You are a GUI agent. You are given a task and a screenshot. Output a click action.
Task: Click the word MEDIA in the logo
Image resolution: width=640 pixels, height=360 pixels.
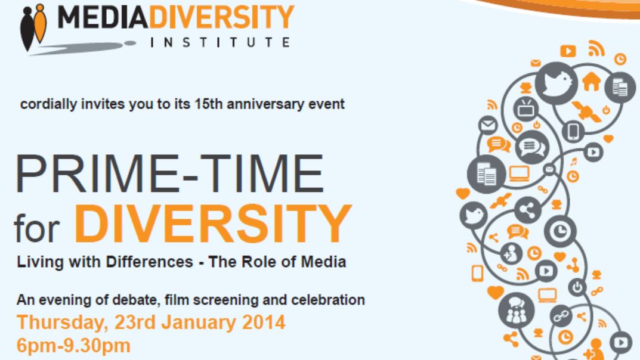point(103,17)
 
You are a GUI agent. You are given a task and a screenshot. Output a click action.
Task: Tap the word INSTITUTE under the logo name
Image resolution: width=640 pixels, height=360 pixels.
point(220,42)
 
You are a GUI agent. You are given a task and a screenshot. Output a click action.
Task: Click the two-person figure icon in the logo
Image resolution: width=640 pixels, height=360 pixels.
point(33,27)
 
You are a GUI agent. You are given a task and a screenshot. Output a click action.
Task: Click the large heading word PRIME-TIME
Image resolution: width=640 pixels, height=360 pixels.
point(170,173)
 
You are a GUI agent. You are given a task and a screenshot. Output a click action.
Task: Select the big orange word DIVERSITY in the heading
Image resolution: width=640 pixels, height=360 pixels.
point(213,224)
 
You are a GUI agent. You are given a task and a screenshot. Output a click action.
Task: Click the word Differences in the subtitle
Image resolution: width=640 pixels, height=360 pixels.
point(149,262)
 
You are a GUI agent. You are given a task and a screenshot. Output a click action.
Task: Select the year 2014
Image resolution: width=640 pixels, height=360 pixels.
point(264,322)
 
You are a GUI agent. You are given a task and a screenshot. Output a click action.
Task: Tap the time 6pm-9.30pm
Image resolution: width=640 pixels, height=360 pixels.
point(73,346)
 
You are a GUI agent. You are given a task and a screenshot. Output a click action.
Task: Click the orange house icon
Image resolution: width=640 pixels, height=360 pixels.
point(592,82)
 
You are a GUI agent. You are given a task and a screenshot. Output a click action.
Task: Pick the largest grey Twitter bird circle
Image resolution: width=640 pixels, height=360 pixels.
point(556,83)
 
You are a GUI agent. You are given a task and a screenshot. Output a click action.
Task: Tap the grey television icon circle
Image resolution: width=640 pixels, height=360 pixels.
point(525,109)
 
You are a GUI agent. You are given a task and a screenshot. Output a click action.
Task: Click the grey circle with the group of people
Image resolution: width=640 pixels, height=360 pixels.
point(517,311)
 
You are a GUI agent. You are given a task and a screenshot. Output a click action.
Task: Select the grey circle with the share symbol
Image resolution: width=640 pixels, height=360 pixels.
point(528,210)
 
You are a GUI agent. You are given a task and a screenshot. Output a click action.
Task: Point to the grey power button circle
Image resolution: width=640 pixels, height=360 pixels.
point(577,287)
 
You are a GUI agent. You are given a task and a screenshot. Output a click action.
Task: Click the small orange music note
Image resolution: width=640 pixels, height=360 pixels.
point(574,162)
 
